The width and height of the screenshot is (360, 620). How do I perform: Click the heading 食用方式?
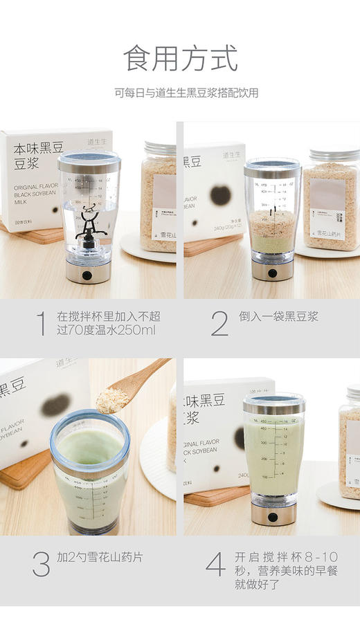click(180, 59)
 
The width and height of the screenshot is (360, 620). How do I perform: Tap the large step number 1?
click(42, 323)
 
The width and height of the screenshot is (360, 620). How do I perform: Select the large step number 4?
click(216, 564)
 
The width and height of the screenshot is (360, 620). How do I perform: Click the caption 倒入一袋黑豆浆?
click(278, 316)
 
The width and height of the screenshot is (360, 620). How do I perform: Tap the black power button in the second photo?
click(272, 273)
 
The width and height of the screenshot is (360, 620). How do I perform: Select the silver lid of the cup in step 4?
click(274, 401)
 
